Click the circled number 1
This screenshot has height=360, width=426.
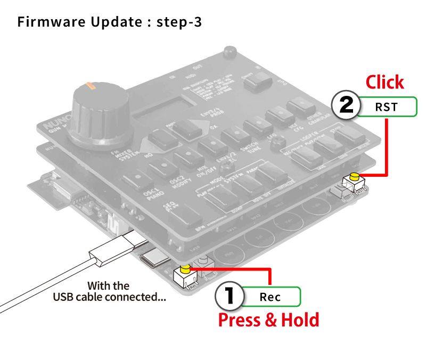click(x=229, y=297)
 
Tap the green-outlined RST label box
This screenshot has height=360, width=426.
click(x=387, y=107)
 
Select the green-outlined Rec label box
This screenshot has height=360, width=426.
click(x=271, y=297)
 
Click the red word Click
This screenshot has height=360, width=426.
click(x=384, y=82)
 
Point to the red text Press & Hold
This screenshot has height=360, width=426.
click(x=269, y=320)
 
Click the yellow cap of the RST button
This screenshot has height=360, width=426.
click(x=353, y=176)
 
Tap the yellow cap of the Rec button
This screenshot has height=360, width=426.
click(x=186, y=268)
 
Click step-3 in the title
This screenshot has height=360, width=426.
click(x=179, y=22)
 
